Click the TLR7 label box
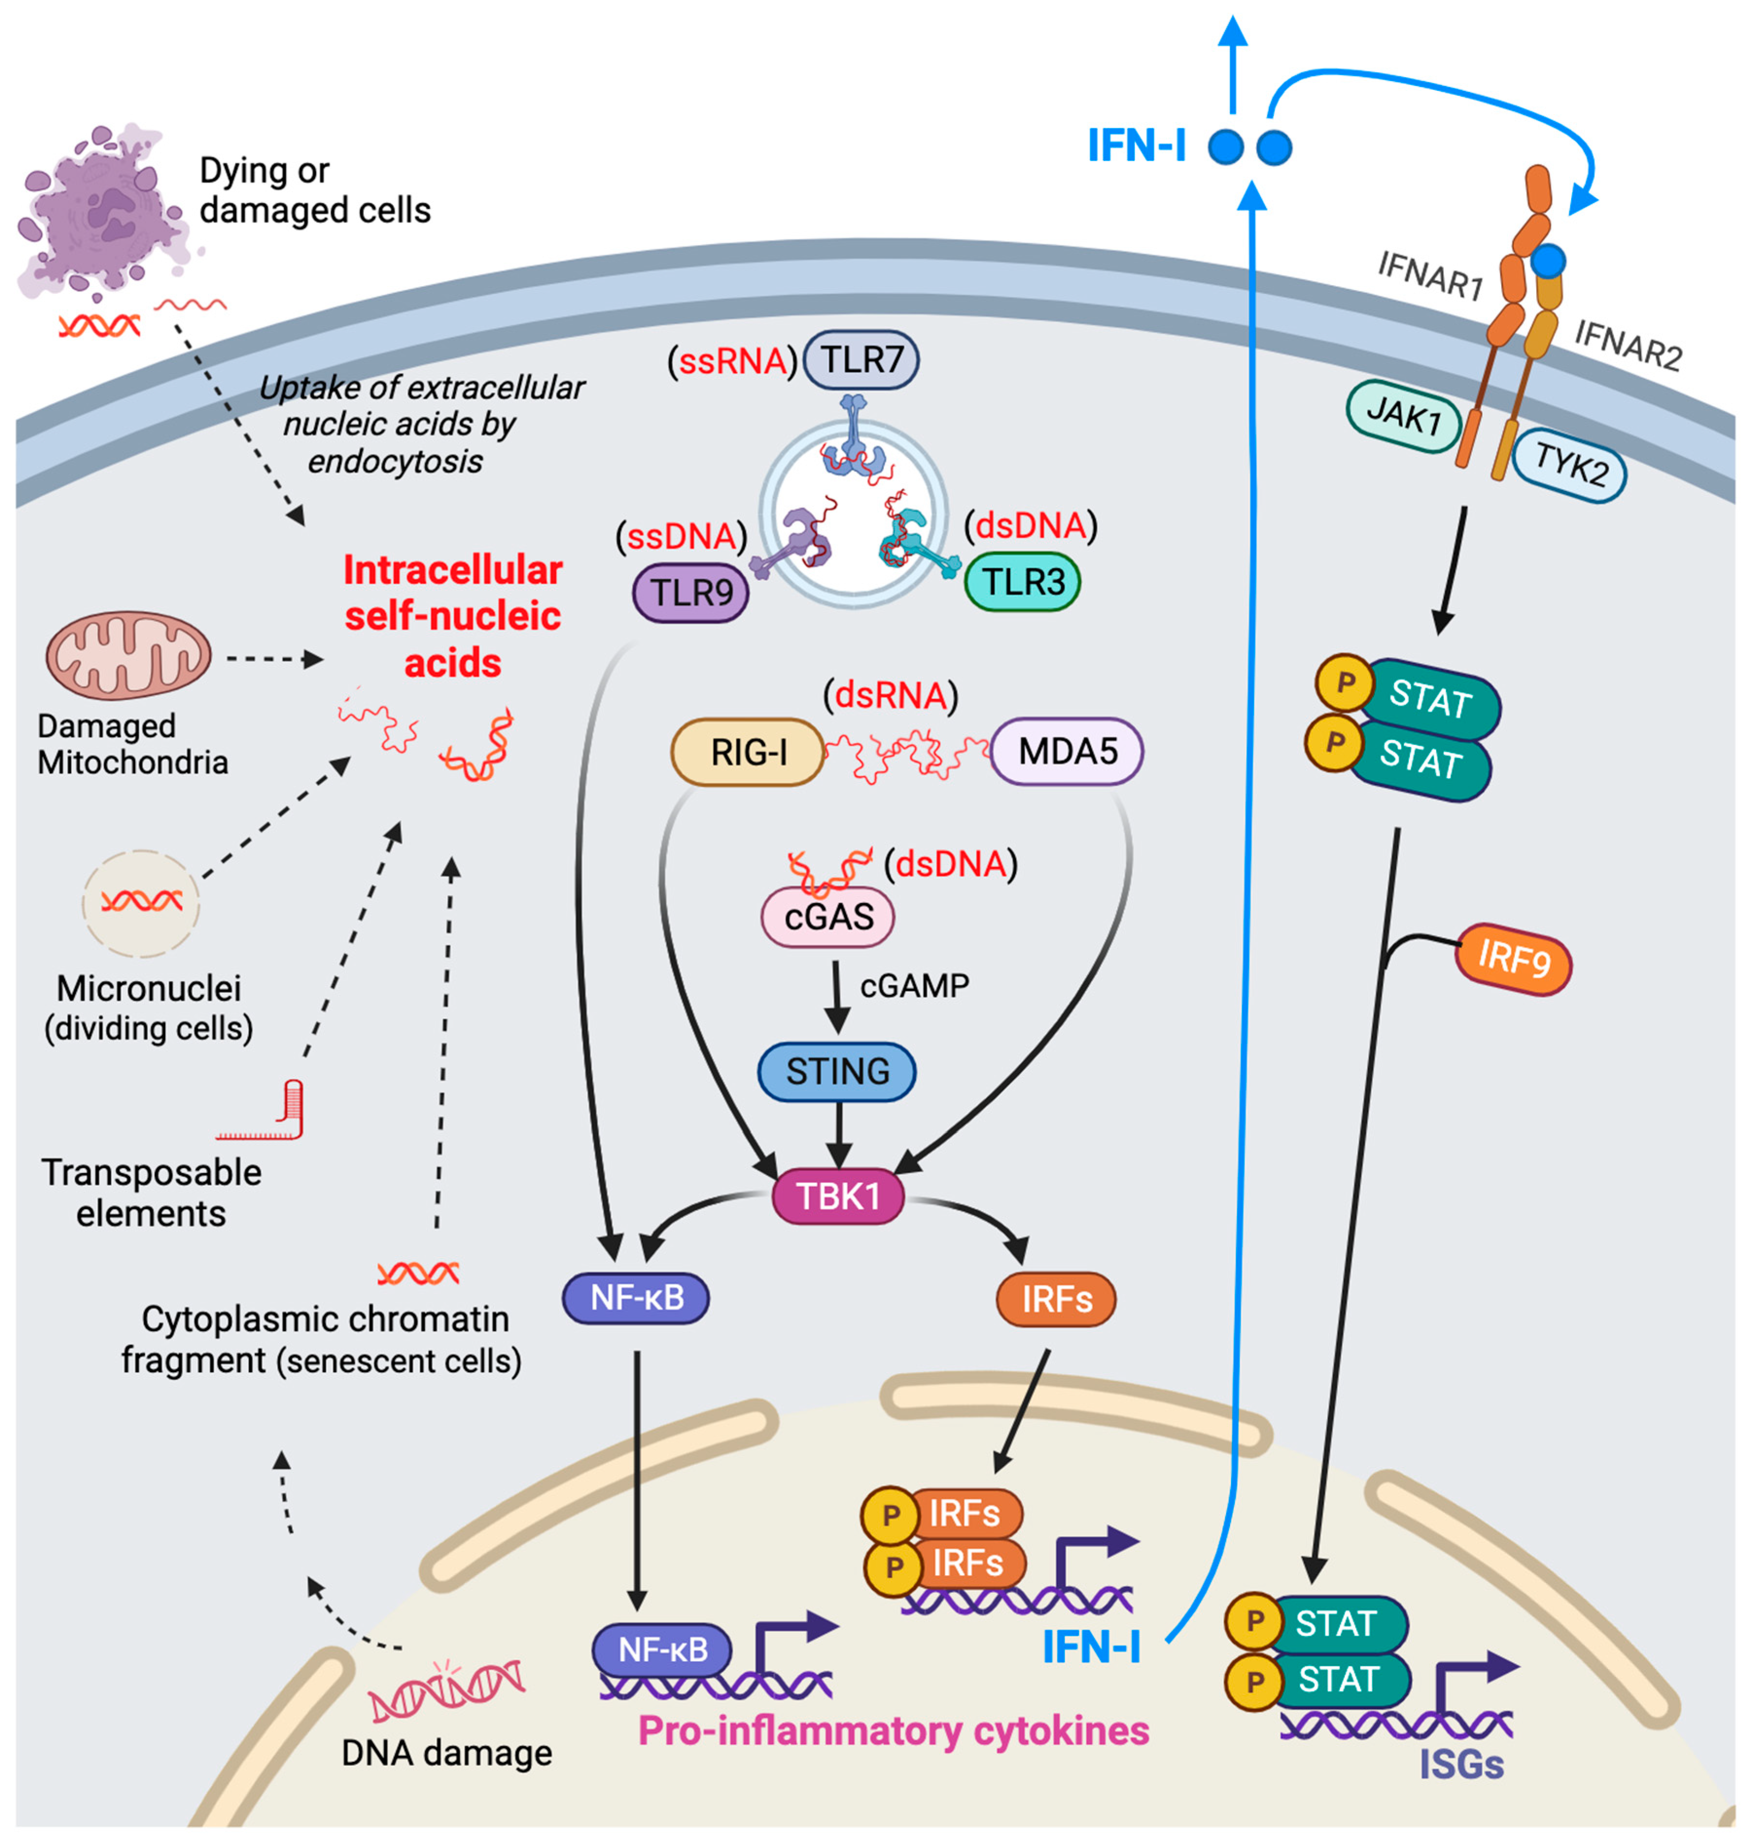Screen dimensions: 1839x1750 (x=860, y=360)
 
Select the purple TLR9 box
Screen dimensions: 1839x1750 (x=690, y=593)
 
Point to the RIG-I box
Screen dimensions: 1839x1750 (x=747, y=751)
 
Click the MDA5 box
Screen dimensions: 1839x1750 (x=1066, y=751)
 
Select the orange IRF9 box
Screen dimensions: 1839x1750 (x=1512, y=959)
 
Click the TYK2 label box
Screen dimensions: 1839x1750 (x=1569, y=464)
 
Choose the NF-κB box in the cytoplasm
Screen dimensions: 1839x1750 (x=636, y=1297)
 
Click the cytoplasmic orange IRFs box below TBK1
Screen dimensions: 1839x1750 (x=1056, y=1299)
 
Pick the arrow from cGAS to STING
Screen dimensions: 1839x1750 (x=837, y=998)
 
